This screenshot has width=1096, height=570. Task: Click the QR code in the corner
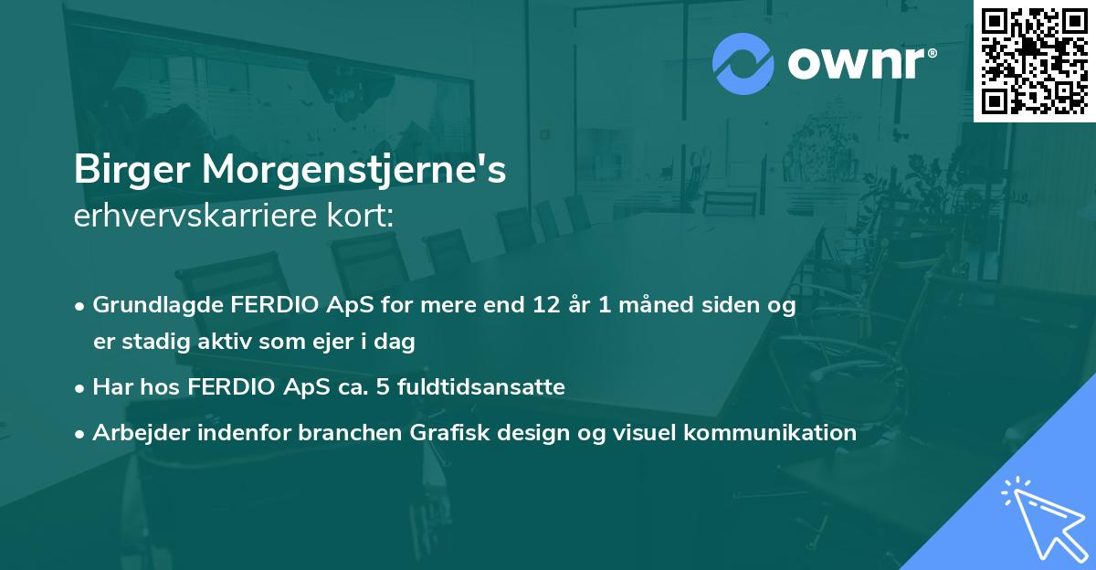coord(1035,60)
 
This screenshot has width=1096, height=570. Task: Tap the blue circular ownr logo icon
coord(743,64)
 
